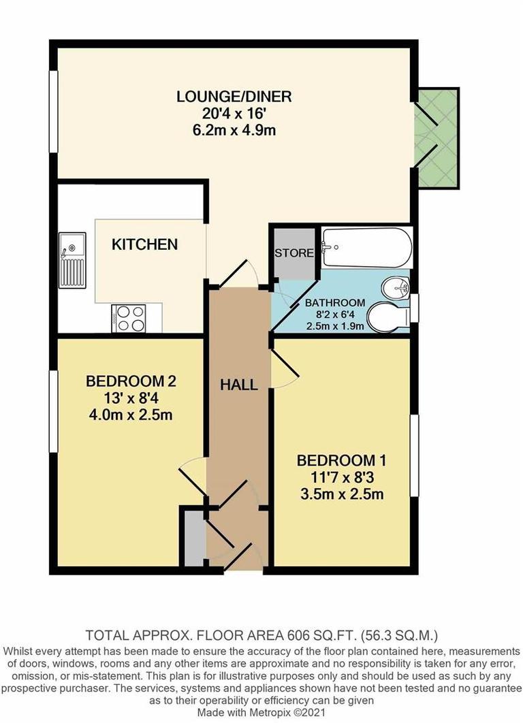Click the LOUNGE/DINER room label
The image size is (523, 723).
point(234,96)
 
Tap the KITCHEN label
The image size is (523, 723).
point(145,244)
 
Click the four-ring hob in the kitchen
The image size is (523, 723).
point(130,317)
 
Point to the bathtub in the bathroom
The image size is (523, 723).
point(366,248)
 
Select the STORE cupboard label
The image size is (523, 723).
point(294,253)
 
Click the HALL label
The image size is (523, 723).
point(238,385)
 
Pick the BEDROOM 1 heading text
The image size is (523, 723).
point(335,460)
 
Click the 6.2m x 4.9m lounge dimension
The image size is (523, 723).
point(234,130)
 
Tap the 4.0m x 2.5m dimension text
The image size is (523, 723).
point(128,414)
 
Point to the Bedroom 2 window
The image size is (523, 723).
point(54,411)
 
